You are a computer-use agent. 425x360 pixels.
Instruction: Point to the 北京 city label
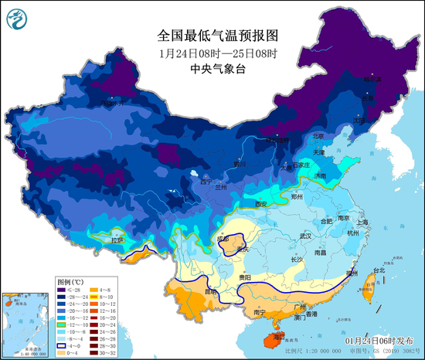[x=319, y=136]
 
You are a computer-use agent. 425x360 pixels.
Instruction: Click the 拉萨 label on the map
[x=117, y=240]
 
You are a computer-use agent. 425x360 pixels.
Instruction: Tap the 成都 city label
[x=223, y=239]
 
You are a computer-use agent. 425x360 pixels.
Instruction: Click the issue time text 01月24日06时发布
[x=377, y=340]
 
